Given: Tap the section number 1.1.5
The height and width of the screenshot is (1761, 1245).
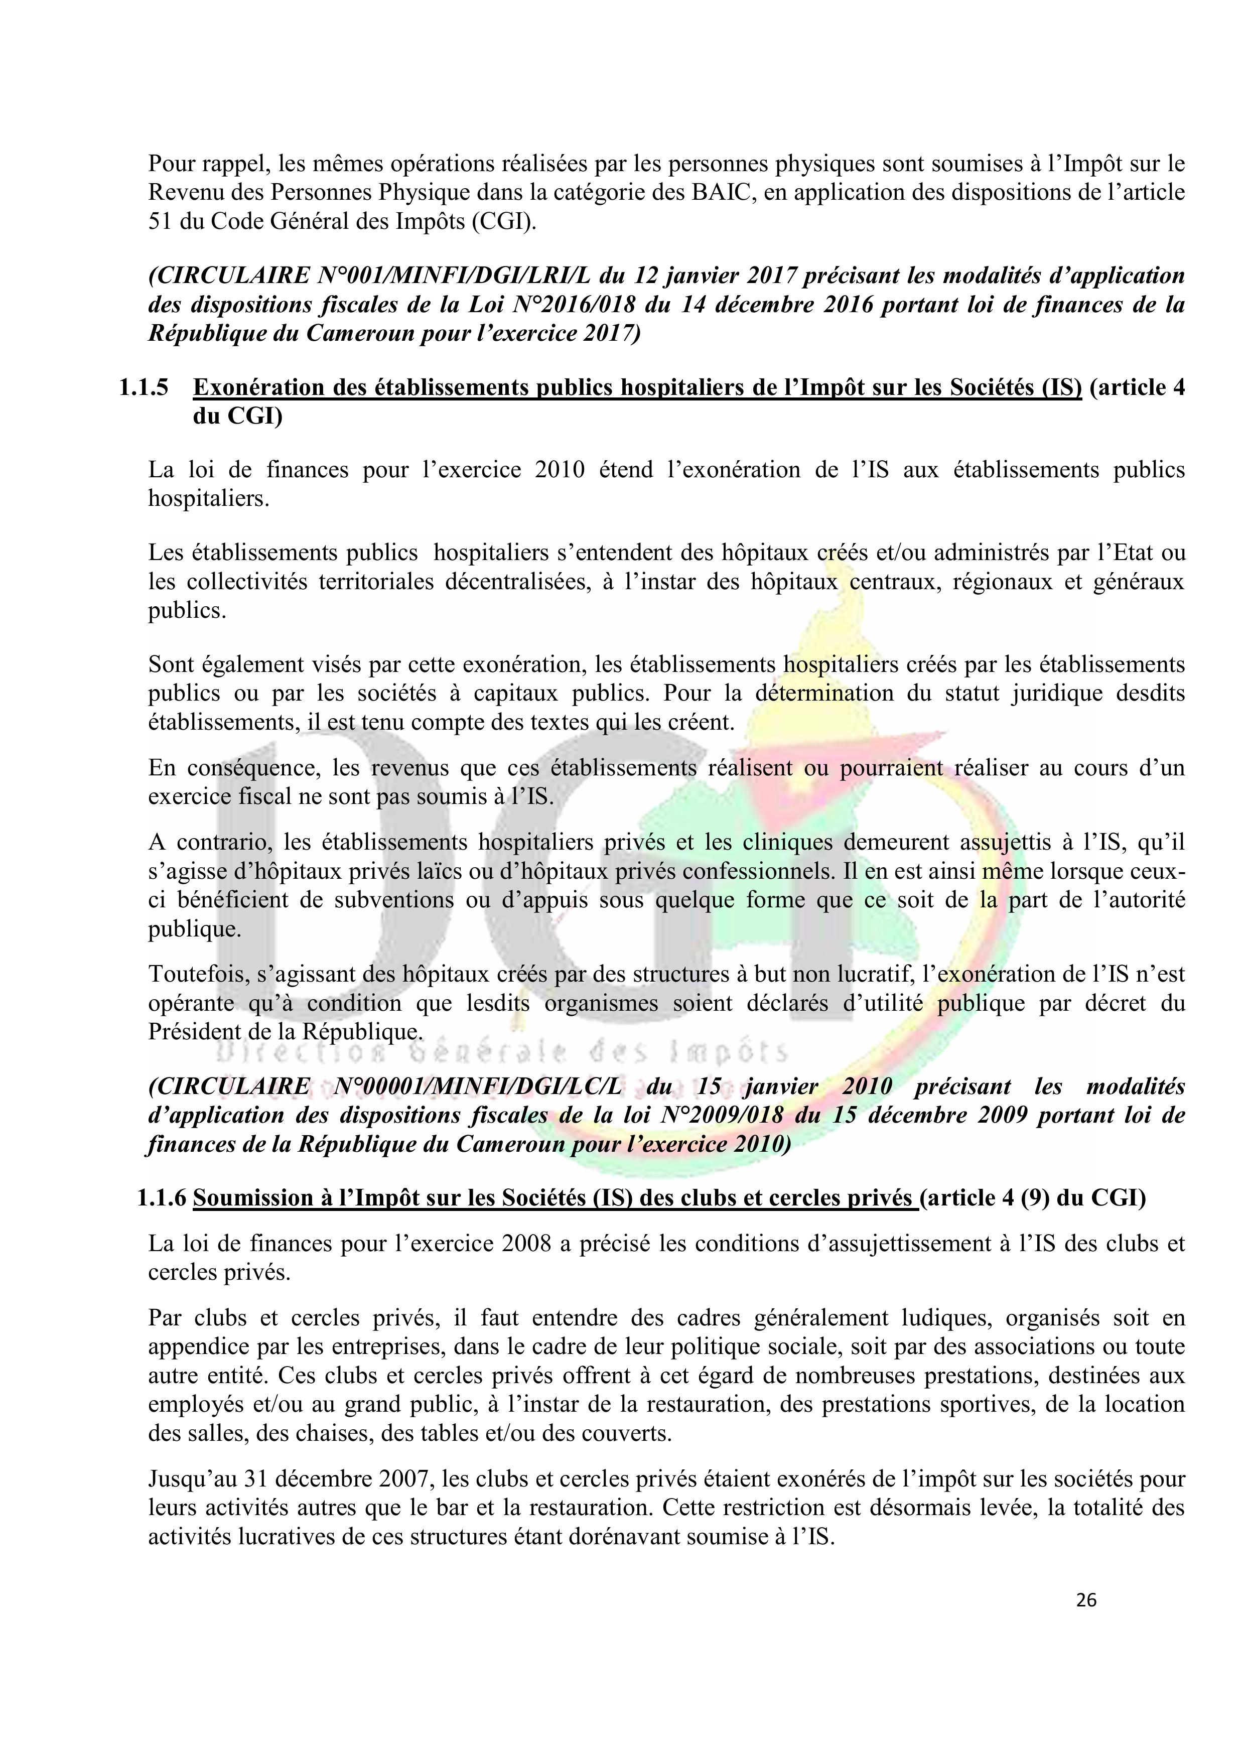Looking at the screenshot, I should pyautogui.click(x=144, y=388).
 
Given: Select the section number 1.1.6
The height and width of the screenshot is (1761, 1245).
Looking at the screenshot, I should pyautogui.click(x=162, y=1198).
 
